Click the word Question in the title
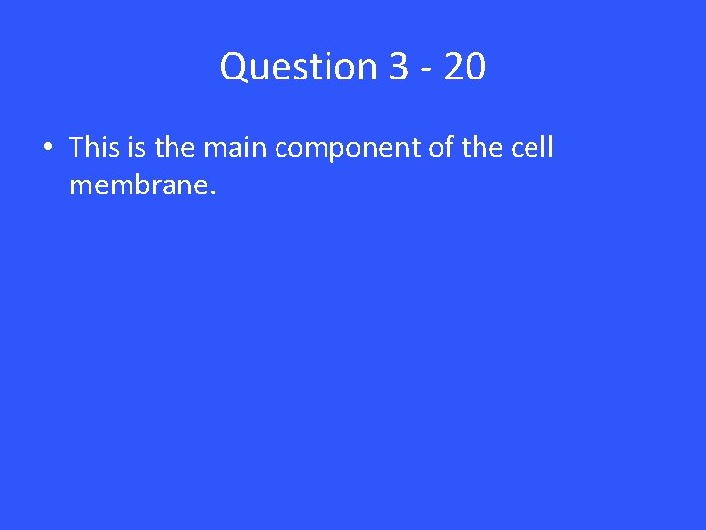tap(299, 67)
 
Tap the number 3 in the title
tap(398, 67)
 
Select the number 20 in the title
tap(464, 67)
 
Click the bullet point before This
tap(47, 149)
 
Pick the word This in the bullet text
tap(93, 148)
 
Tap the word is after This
tap(135, 148)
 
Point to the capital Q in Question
tap(233, 67)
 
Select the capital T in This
tap(76, 148)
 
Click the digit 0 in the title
tap(476, 67)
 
